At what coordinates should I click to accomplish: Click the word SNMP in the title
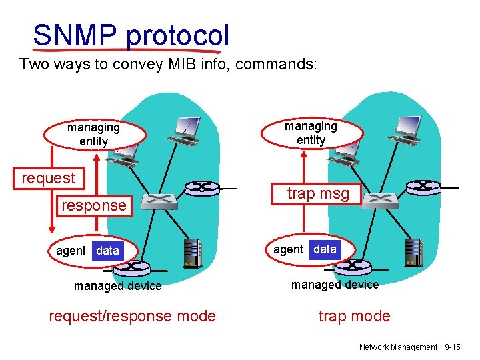75,35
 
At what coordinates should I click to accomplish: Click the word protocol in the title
177,35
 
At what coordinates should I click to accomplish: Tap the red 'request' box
49,178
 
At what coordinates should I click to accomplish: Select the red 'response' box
93,205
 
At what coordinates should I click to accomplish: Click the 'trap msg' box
318,193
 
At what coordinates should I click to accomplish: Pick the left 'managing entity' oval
93,134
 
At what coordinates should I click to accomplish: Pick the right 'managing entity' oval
311,133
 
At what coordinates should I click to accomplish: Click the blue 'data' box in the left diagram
107,251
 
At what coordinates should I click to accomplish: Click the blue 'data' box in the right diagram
325,249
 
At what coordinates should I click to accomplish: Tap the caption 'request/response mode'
133,316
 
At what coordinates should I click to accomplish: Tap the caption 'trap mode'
354,316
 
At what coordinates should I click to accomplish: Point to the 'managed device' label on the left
118,286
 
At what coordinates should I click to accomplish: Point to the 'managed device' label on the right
335,285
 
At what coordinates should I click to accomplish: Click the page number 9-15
452,347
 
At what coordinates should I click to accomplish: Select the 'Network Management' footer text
398,347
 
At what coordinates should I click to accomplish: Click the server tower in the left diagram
193,253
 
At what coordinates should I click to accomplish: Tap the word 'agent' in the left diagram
71,251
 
